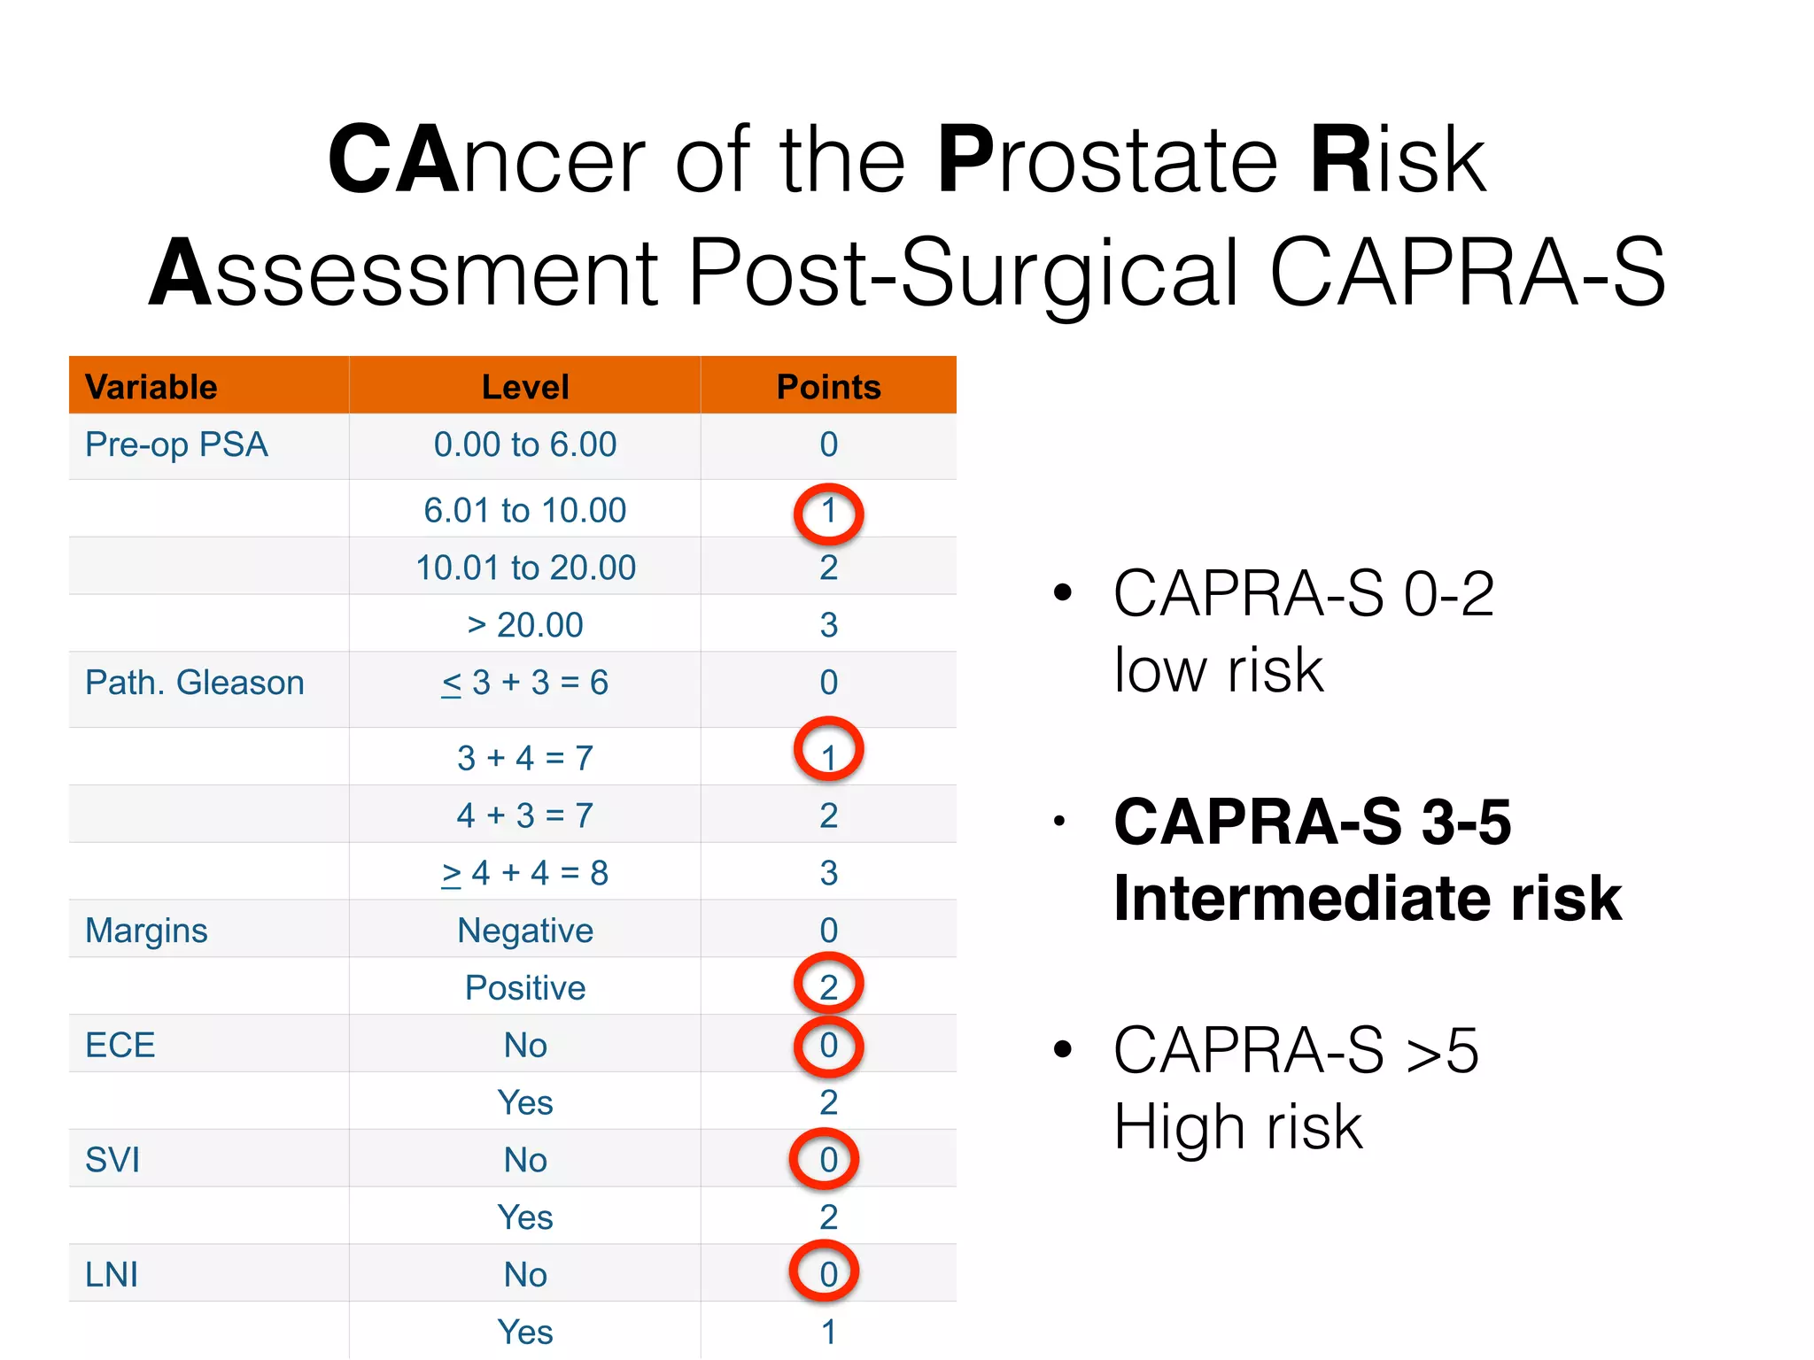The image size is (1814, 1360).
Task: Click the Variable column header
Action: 151,387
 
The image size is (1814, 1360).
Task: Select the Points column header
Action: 828,387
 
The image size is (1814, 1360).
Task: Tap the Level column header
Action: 525,387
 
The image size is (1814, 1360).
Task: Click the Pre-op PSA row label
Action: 176,444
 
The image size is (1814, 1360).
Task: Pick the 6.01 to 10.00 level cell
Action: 524,511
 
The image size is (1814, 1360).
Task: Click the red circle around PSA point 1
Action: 828,513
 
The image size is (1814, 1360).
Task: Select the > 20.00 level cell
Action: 524,625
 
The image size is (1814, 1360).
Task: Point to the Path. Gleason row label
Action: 195,683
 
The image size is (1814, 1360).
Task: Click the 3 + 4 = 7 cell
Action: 524,758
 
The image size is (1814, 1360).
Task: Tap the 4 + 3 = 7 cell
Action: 524,815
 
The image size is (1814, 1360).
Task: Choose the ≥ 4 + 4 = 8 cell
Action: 524,873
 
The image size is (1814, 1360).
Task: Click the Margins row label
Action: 146,931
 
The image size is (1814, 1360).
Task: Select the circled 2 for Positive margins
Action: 828,985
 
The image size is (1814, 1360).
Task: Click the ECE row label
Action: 120,1046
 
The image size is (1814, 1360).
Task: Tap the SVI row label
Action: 112,1160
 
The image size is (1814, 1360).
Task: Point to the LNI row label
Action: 112,1275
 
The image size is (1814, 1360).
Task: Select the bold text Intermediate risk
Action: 1367,899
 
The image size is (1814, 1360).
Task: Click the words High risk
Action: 1237,1127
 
